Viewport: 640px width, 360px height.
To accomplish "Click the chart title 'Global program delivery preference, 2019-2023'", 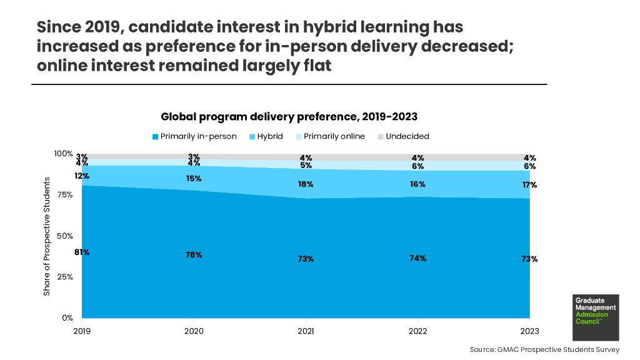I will [289, 116].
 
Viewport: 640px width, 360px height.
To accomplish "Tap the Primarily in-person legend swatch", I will [156, 136].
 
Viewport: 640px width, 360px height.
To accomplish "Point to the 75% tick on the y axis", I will [64, 194].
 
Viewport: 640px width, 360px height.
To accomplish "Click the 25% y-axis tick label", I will [64, 277].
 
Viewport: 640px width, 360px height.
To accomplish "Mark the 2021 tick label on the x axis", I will [305, 331].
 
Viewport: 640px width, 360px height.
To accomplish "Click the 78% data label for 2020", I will [194, 255].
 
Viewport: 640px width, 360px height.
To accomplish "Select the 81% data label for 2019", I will [82, 252].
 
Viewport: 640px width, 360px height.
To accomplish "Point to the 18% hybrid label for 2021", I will [305, 184].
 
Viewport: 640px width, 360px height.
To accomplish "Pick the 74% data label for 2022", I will [417, 258].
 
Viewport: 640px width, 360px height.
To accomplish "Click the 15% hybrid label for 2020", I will [194, 179].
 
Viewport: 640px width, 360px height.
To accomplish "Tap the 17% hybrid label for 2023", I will [529, 185].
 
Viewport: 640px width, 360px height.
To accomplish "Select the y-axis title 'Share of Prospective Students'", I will [47, 236].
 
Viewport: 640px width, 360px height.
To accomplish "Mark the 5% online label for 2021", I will [305, 166].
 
